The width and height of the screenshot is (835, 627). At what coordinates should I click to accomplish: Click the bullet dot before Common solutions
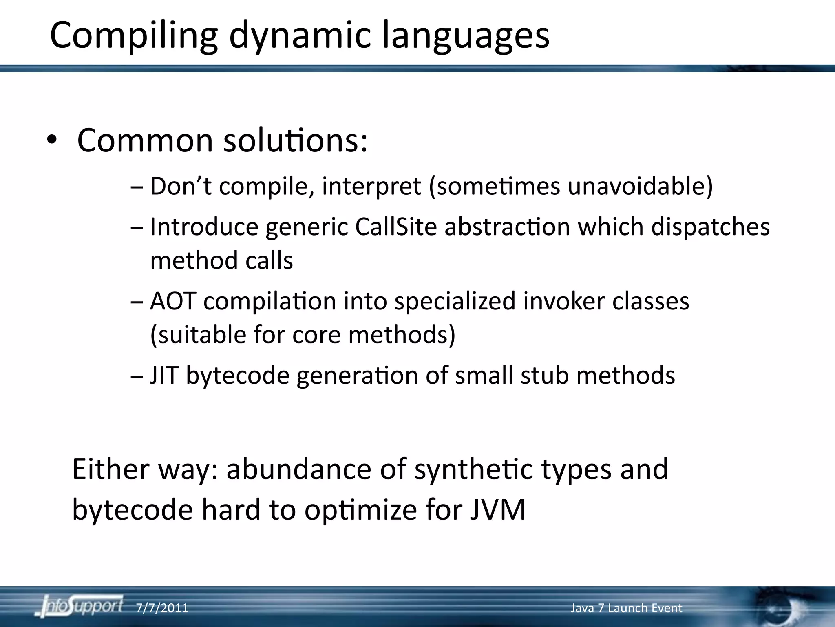click(x=52, y=140)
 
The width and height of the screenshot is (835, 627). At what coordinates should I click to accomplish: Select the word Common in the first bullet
click(x=145, y=140)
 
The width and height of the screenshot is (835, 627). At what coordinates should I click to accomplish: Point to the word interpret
click(x=371, y=186)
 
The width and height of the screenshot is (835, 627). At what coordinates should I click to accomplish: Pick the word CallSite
click(x=396, y=227)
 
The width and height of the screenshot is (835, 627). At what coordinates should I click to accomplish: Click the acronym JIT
click(x=164, y=375)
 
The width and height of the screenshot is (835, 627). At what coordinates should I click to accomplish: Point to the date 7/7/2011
click(x=162, y=608)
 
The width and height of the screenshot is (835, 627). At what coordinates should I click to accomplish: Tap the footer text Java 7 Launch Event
click(x=626, y=608)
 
